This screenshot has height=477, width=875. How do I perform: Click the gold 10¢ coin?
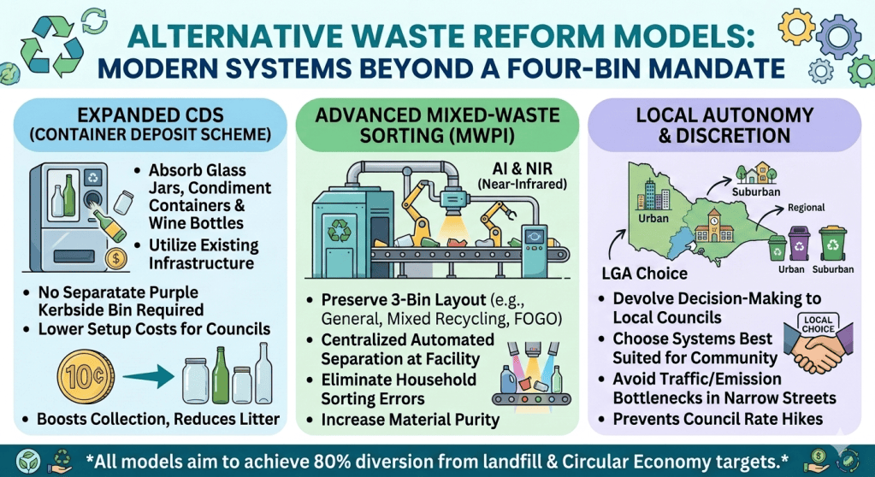pos(86,377)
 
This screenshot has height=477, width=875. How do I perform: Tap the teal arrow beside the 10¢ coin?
pos(149,377)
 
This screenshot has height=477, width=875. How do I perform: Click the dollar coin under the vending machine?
pos(116,258)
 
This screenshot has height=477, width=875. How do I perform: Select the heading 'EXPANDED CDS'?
pos(151,115)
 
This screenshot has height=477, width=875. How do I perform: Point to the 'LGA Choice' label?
pos(645,274)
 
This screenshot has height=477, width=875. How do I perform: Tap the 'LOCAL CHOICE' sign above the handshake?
pos(818,324)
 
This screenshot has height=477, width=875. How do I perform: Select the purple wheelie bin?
pos(799,244)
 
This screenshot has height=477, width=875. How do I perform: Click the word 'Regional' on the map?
pos(806,208)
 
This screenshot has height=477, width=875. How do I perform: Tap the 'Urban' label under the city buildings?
pos(653,218)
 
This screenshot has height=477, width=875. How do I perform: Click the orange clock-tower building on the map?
pos(713,226)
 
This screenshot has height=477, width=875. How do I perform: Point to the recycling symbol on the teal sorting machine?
pos(340,230)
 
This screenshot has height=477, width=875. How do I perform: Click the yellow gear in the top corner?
pos(796,26)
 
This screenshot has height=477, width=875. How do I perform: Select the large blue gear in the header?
pos(838,36)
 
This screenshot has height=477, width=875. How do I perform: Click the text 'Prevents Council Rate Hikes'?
pos(718,419)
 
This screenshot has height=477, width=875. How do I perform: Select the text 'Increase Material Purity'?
pos(411,420)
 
